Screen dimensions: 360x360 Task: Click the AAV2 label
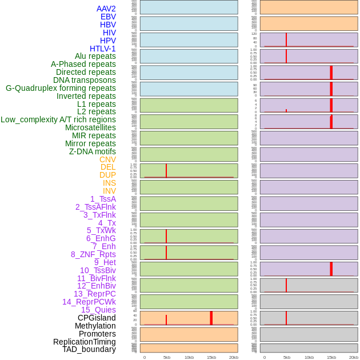(x=106, y=9)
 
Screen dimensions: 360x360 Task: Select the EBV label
(x=107, y=17)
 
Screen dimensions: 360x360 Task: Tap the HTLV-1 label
(x=102, y=49)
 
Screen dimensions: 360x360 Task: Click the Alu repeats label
(x=95, y=56)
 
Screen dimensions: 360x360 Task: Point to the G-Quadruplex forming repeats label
(x=61, y=88)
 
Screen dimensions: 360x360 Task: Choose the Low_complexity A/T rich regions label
(x=58, y=119)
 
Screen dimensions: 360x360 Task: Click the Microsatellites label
(x=90, y=127)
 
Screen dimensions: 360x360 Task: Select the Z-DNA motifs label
(x=92, y=151)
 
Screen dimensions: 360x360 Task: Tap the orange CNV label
(x=107, y=159)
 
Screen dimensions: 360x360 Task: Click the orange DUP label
(x=107, y=175)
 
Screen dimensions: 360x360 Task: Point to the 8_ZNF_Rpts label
(x=93, y=254)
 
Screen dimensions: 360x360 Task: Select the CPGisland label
(x=97, y=318)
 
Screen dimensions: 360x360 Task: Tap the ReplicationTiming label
(x=84, y=342)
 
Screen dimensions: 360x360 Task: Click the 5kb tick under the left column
(x=167, y=357)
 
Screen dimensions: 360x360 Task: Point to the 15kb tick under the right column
(x=331, y=357)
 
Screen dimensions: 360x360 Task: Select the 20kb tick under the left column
(x=233, y=357)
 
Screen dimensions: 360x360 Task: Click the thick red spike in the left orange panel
(x=211, y=318)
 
